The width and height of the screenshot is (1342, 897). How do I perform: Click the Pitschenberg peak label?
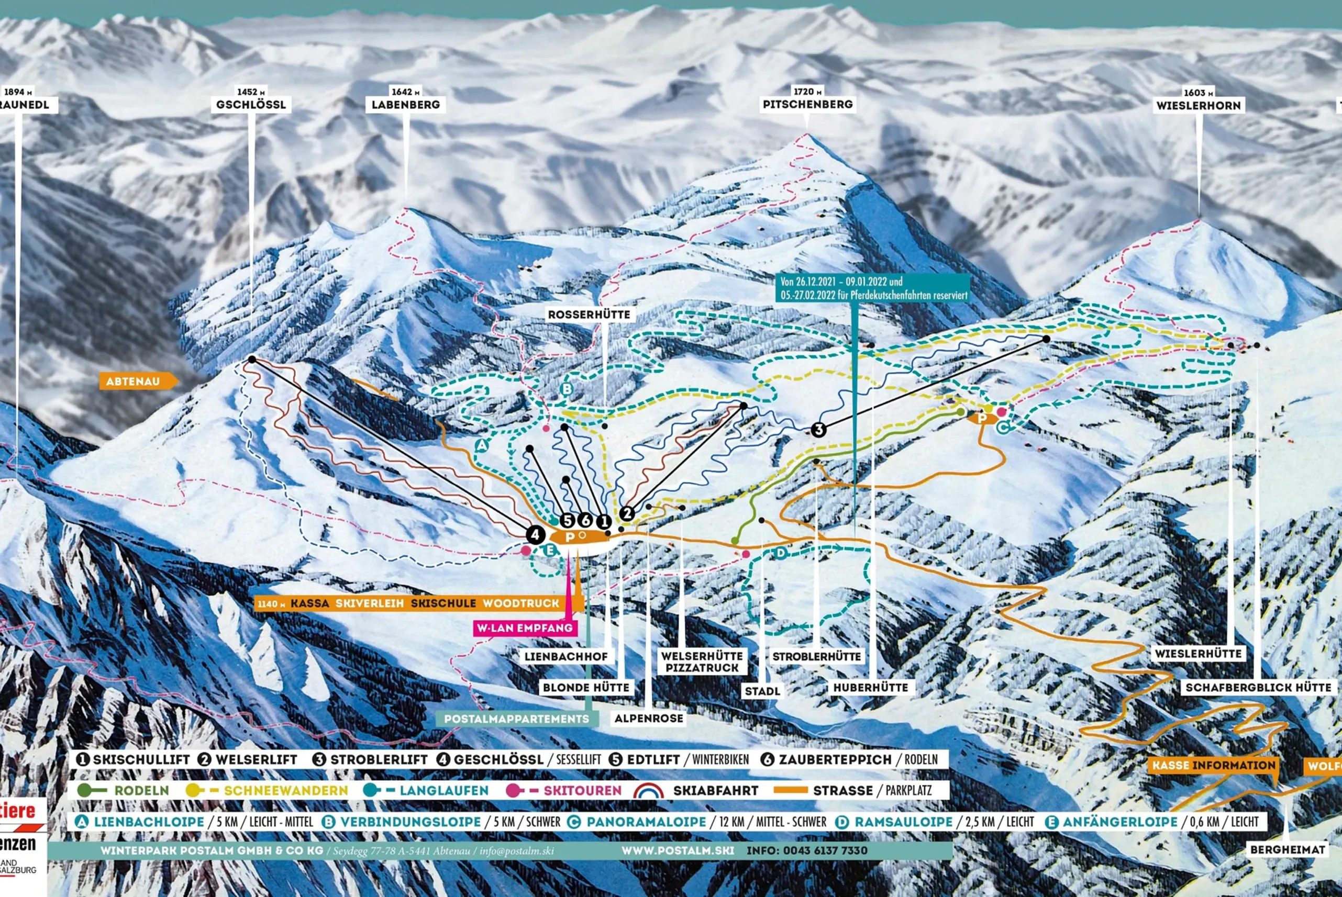pyautogui.click(x=807, y=104)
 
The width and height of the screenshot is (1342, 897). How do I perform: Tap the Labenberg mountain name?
pyautogui.click(x=405, y=105)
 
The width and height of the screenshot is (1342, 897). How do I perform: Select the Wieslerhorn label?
pyautogui.click(x=1199, y=105)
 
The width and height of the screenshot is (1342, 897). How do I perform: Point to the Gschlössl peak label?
pyautogui.click(x=251, y=105)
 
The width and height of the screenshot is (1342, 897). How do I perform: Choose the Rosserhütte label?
pyautogui.click(x=589, y=315)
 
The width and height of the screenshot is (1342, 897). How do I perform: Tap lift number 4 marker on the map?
pyautogui.click(x=535, y=535)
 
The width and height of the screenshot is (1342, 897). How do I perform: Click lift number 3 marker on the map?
pyautogui.click(x=818, y=430)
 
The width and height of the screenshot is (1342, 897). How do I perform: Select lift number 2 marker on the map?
pyautogui.click(x=627, y=513)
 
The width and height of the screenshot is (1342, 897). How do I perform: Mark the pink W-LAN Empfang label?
pyautogui.click(x=525, y=627)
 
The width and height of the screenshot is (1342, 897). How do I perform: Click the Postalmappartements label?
pyautogui.click(x=516, y=719)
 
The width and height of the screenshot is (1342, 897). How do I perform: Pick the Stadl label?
pyautogui.click(x=762, y=691)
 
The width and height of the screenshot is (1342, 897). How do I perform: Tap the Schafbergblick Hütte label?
pyautogui.click(x=1258, y=687)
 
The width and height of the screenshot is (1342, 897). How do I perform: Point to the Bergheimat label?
pyautogui.click(x=1288, y=849)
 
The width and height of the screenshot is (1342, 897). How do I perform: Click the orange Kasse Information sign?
pyautogui.click(x=1213, y=766)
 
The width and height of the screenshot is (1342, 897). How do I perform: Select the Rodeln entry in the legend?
pyautogui.click(x=141, y=791)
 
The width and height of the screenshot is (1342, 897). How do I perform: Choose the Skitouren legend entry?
pyautogui.click(x=582, y=791)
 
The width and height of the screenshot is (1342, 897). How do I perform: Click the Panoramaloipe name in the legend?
pyautogui.click(x=646, y=822)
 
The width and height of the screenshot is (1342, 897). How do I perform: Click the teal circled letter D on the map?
pyautogui.click(x=781, y=553)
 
